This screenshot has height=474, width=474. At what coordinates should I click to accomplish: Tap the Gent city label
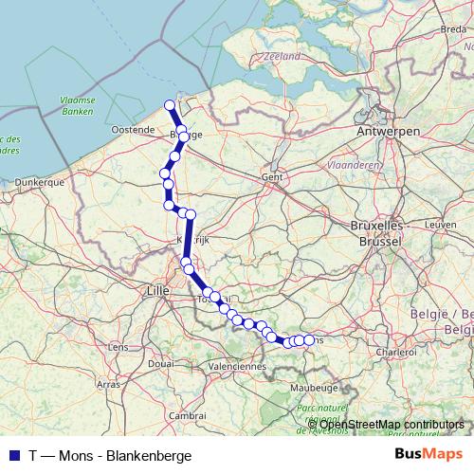tap(273, 176)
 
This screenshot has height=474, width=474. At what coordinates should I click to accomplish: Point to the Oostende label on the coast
tap(133, 128)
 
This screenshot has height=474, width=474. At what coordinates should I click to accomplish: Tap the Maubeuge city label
tap(316, 387)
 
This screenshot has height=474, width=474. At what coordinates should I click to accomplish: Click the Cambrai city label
tap(188, 414)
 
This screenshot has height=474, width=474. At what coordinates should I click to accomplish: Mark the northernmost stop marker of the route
tap(170, 105)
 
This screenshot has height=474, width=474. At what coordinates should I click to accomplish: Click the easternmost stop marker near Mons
tap(308, 339)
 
